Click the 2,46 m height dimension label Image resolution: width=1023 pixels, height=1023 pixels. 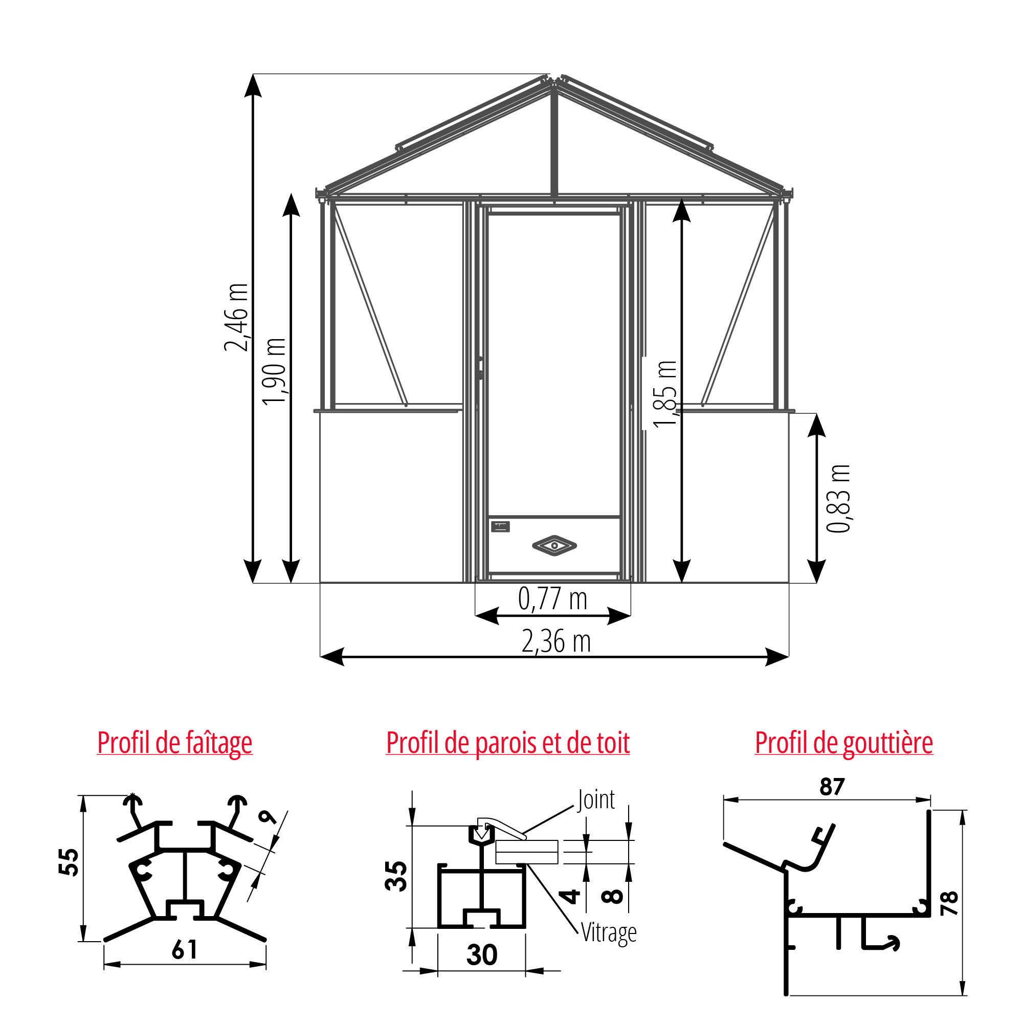point(236,318)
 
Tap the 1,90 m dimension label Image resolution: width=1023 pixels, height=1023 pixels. point(274,372)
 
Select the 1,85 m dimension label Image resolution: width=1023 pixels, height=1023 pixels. point(665,393)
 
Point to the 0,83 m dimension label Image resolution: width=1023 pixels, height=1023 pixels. point(838,498)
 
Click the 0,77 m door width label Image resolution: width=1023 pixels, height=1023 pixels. point(553,599)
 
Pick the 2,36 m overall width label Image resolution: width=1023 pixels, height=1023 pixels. point(556,642)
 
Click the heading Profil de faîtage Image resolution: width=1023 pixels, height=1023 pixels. point(175,743)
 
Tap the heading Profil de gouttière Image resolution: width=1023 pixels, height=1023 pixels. point(843,743)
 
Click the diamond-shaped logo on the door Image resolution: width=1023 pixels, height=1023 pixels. point(554,545)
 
